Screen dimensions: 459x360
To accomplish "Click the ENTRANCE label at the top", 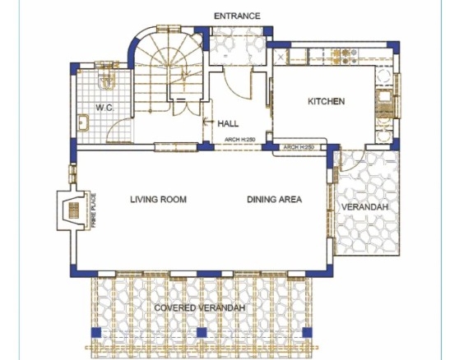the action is click(x=237, y=16).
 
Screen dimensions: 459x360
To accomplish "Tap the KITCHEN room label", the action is click(x=326, y=101).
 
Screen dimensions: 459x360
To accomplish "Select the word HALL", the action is click(x=228, y=123).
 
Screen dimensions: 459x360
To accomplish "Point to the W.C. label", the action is click(x=104, y=108).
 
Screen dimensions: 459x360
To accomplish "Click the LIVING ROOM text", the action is click(x=159, y=200).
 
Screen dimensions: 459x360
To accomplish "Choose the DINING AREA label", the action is click(x=274, y=200).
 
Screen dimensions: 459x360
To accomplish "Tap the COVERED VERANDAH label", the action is click(x=200, y=308).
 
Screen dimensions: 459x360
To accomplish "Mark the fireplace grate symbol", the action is click(x=74, y=210).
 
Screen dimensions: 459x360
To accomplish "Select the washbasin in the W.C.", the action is click(x=83, y=122).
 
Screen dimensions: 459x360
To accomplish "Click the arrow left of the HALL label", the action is click(x=208, y=121).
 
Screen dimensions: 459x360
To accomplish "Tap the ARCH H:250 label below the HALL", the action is click(x=240, y=140).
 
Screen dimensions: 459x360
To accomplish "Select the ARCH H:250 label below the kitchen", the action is click(x=299, y=147).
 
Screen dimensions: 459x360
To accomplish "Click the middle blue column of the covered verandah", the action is click(x=202, y=333).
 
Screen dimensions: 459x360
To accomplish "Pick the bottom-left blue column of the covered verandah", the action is click(x=96, y=333).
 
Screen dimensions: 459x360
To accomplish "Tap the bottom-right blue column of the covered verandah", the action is click(x=307, y=333).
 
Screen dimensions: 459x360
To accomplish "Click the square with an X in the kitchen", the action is click(x=280, y=57).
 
